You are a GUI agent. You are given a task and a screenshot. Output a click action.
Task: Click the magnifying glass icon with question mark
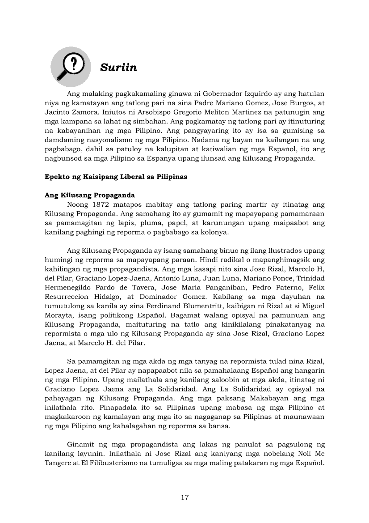(x=71, y=67)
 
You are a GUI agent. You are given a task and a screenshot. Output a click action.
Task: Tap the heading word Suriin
(x=118, y=68)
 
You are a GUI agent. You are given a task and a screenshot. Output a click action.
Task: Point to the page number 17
(x=184, y=497)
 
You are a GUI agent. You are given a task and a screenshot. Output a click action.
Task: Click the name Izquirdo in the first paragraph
(x=260, y=94)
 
